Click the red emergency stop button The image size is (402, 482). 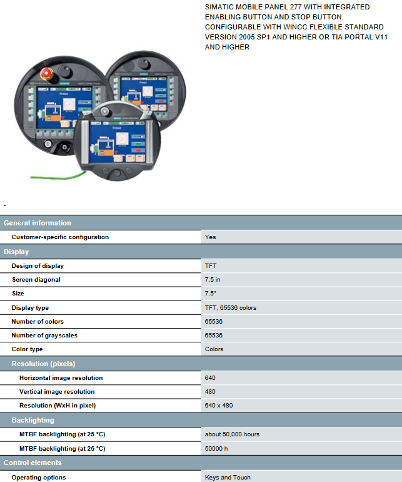coord(47,74)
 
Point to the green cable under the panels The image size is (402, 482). coord(58,176)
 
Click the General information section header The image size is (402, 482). coord(37,223)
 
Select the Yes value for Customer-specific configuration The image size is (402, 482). coord(210,237)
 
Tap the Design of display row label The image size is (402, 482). coord(38,266)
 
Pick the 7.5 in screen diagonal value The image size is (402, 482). coord(213,280)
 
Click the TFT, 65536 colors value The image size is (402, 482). coord(230,308)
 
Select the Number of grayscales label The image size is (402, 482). coord(44,336)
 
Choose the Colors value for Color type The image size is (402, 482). coord(214,349)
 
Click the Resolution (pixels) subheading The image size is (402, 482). coord(43,364)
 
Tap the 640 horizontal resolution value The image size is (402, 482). coord(210,378)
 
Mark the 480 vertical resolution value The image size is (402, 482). coord(210,392)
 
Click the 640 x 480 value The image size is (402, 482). coord(219,406)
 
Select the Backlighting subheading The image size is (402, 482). coord(33,420)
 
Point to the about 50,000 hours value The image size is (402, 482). coord(232,434)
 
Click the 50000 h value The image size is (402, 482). coord(216,448)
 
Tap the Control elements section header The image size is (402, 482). coord(33,463)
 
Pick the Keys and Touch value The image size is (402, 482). coord(228,478)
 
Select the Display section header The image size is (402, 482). coord(16,252)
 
